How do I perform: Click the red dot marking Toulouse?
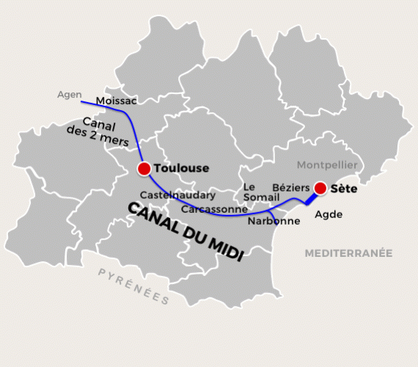(x=144, y=169)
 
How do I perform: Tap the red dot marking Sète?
(x=320, y=188)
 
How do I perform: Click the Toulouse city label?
(x=181, y=168)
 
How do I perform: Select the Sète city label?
(x=343, y=189)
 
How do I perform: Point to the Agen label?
(x=69, y=95)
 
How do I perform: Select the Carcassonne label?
(x=213, y=208)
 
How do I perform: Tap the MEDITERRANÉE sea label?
(x=348, y=252)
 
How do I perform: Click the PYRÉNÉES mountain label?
(x=133, y=286)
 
